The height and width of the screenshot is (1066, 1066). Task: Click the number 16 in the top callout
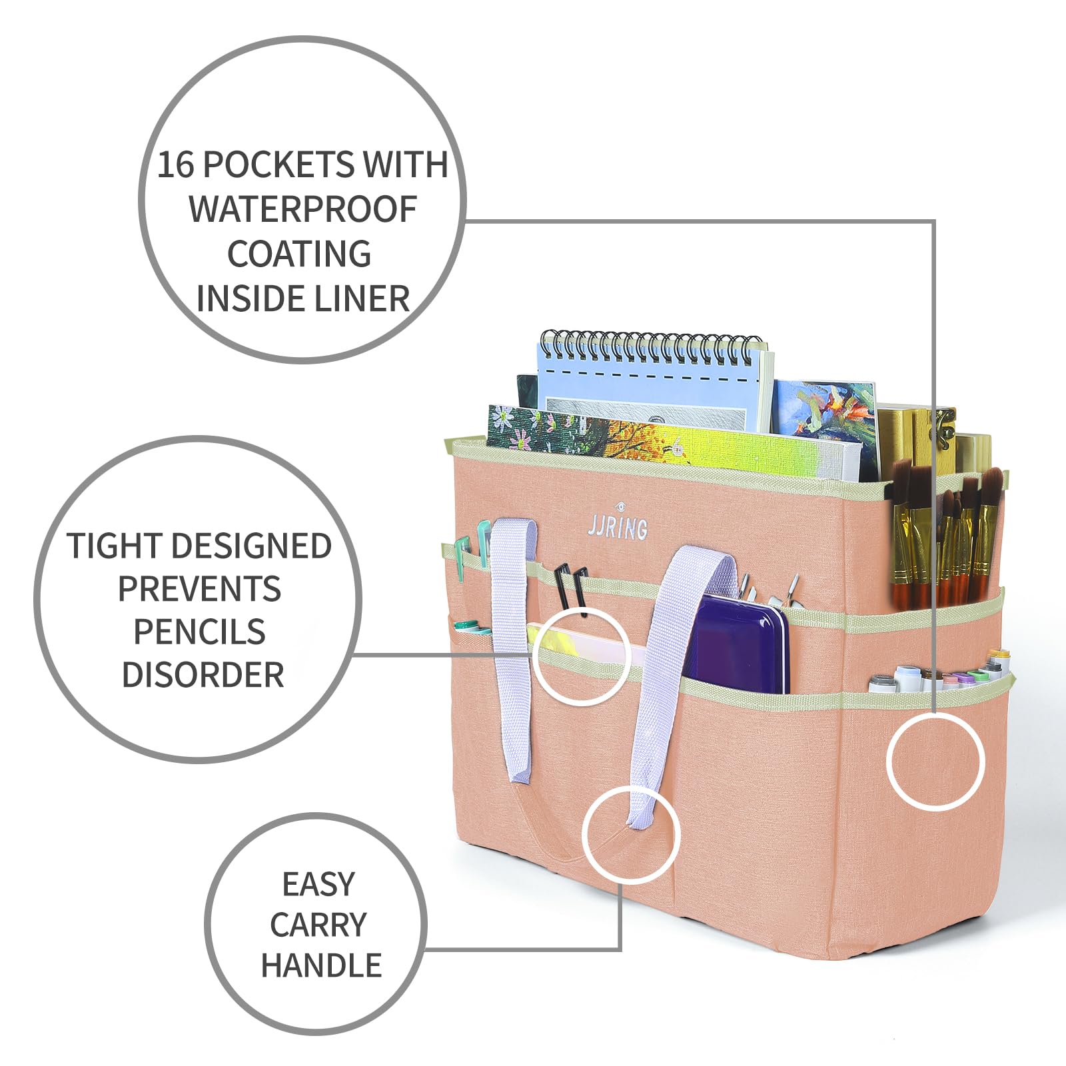point(175,165)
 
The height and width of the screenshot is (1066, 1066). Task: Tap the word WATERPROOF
point(303,209)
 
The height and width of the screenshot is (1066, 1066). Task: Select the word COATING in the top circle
point(300,254)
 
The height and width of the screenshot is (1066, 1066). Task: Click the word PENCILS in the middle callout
point(199,632)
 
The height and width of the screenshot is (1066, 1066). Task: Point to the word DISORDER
point(203,675)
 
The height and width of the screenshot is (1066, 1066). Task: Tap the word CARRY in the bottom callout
point(318,925)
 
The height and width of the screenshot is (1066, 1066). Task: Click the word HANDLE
point(321,965)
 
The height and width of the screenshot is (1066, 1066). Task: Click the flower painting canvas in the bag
point(673,443)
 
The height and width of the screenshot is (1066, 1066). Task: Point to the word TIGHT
point(108,546)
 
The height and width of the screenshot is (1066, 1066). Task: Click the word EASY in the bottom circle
point(318,884)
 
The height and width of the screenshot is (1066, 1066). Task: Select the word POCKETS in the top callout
point(278,165)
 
